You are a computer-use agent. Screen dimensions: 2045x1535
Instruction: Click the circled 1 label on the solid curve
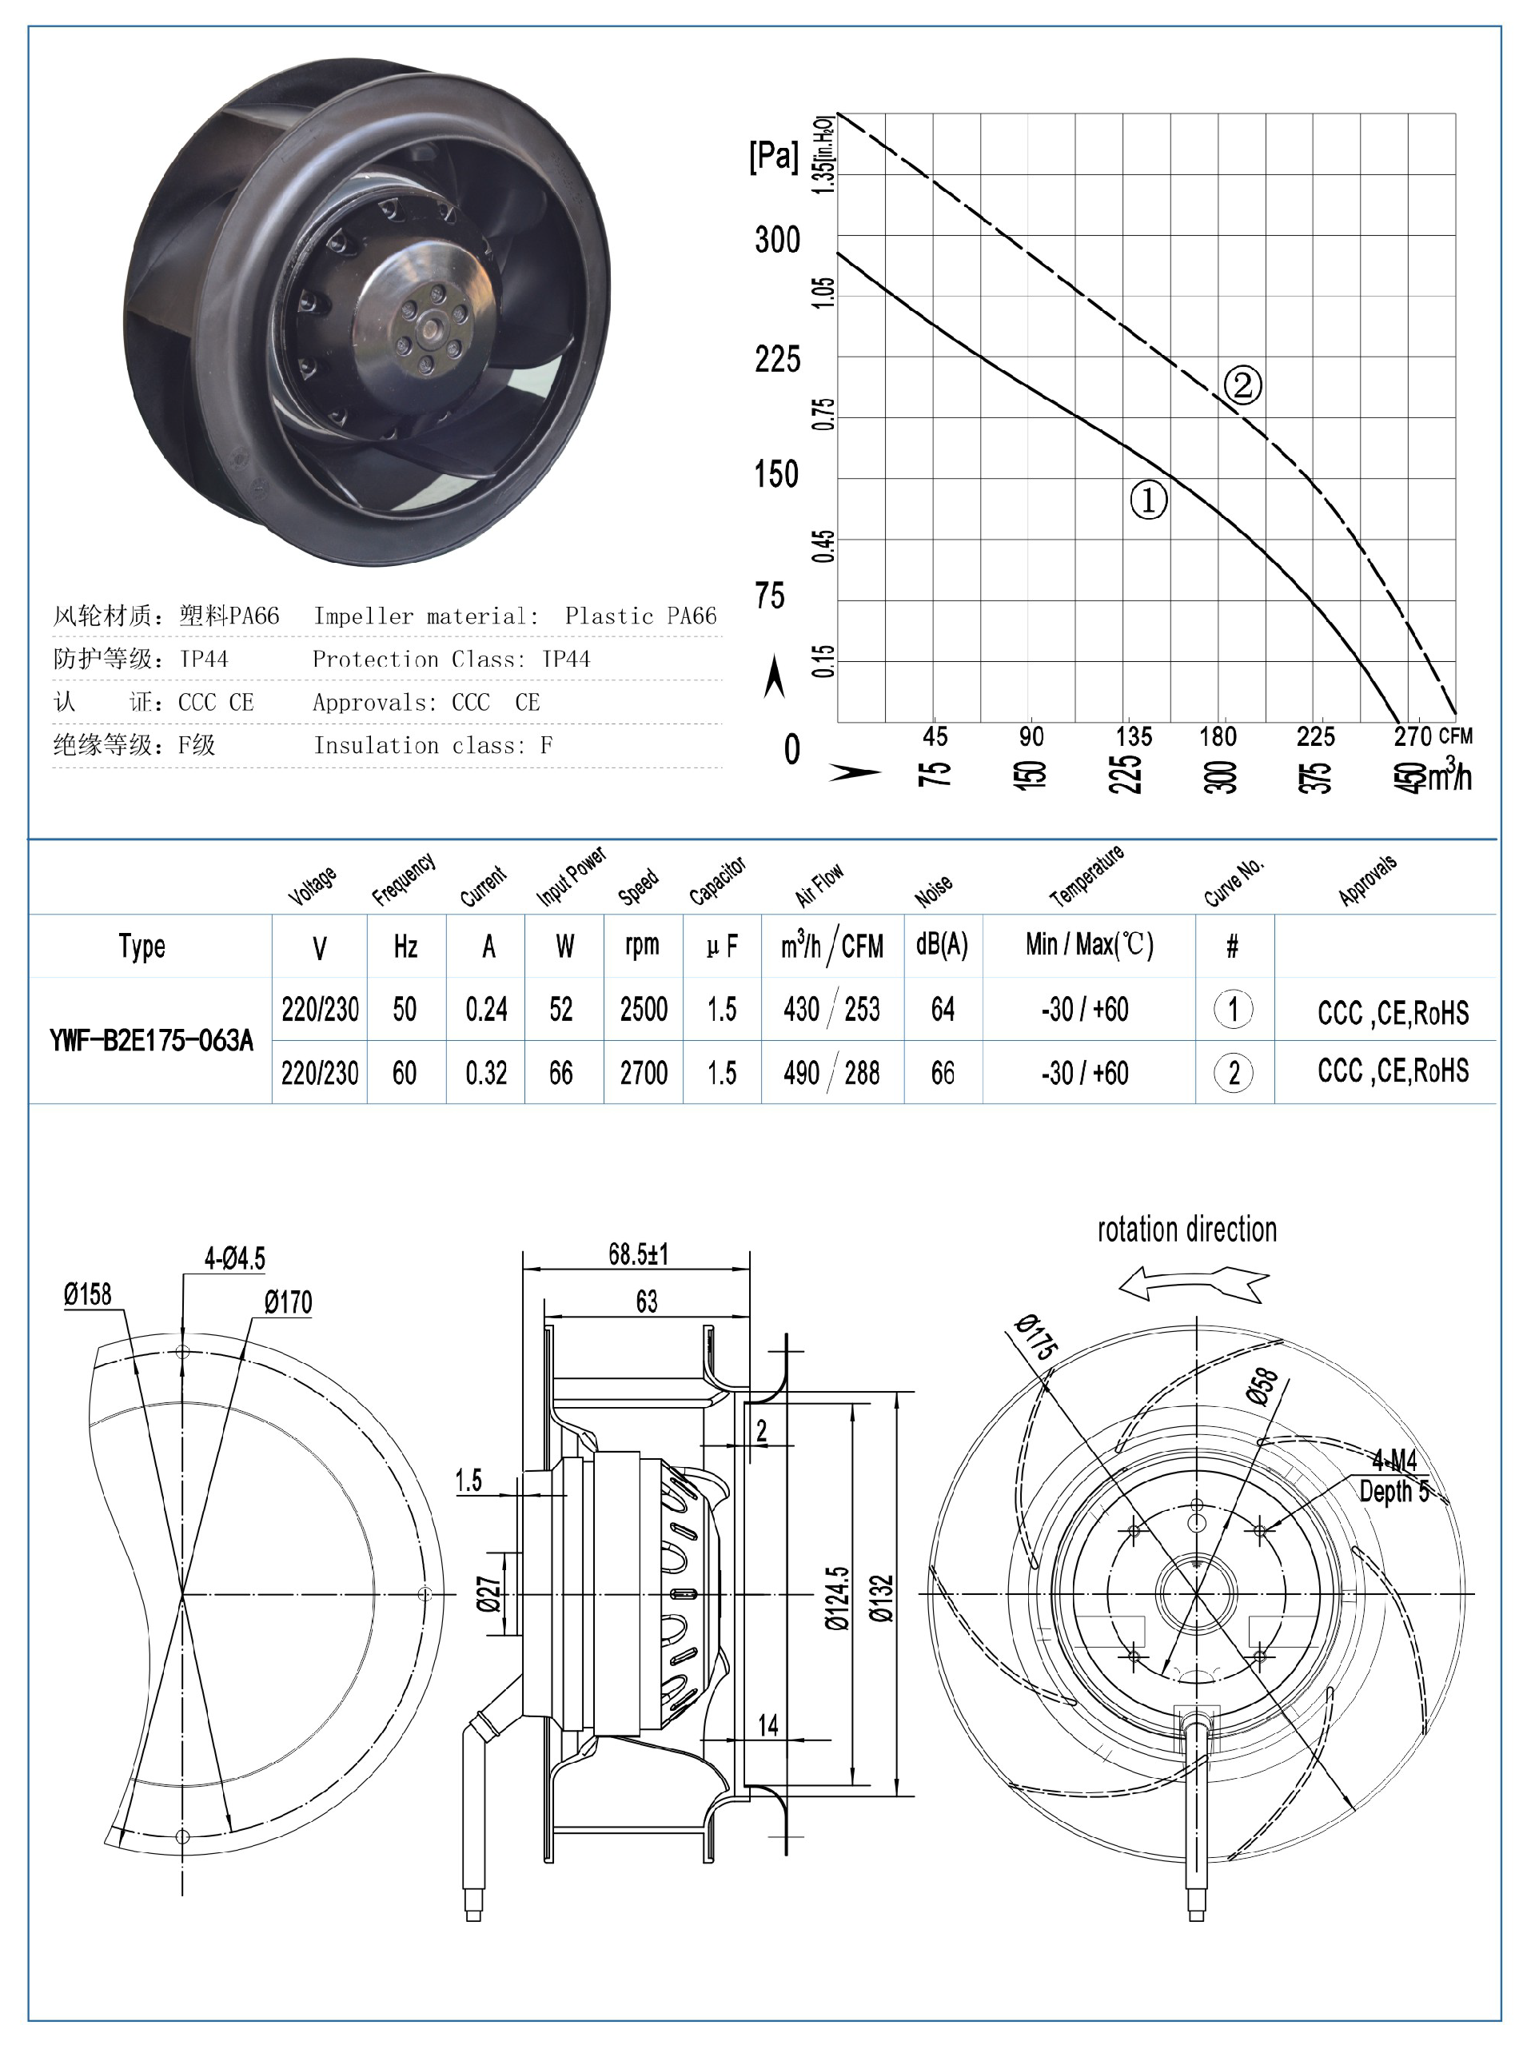(x=1149, y=500)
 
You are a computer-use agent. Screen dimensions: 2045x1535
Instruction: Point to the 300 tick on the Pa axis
(x=777, y=241)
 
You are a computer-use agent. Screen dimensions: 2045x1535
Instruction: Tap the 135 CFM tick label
(x=1134, y=737)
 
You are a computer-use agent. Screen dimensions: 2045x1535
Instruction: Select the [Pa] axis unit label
(x=773, y=155)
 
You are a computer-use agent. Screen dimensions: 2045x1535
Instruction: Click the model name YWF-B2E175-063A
(x=151, y=1041)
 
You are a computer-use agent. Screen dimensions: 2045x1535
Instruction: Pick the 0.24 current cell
(x=486, y=1009)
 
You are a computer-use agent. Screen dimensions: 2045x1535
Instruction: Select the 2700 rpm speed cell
(x=644, y=1074)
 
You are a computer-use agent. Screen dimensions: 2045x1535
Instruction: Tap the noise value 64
(x=943, y=1009)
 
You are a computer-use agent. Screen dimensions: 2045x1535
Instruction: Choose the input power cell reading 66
(x=561, y=1074)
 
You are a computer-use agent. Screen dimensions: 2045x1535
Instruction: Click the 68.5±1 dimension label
(x=638, y=1254)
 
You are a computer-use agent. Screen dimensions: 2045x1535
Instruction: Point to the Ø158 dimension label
(x=88, y=1294)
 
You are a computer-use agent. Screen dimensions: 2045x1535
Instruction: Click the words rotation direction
(x=1186, y=1230)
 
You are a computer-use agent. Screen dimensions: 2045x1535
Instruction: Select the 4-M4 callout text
(x=1394, y=1461)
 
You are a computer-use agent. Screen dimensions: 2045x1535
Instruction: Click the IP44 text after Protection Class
(x=566, y=660)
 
